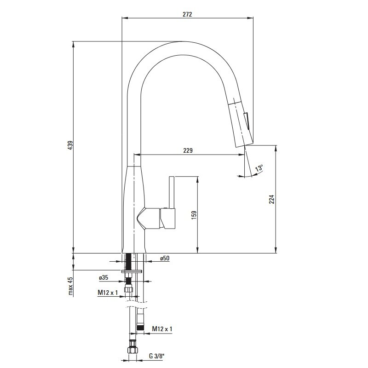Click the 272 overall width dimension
click(x=187, y=14)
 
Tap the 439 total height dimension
click(x=70, y=145)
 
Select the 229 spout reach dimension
click(x=188, y=150)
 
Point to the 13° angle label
click(x=259, y=168)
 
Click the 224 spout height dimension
click(x=271, y=199)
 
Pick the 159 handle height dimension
click(x=194, y=215)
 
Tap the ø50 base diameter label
click(x=165, y=259)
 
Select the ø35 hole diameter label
click(x=103, y=278)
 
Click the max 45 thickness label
click(x=70, y=286)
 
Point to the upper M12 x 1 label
click(x=108, y=293)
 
